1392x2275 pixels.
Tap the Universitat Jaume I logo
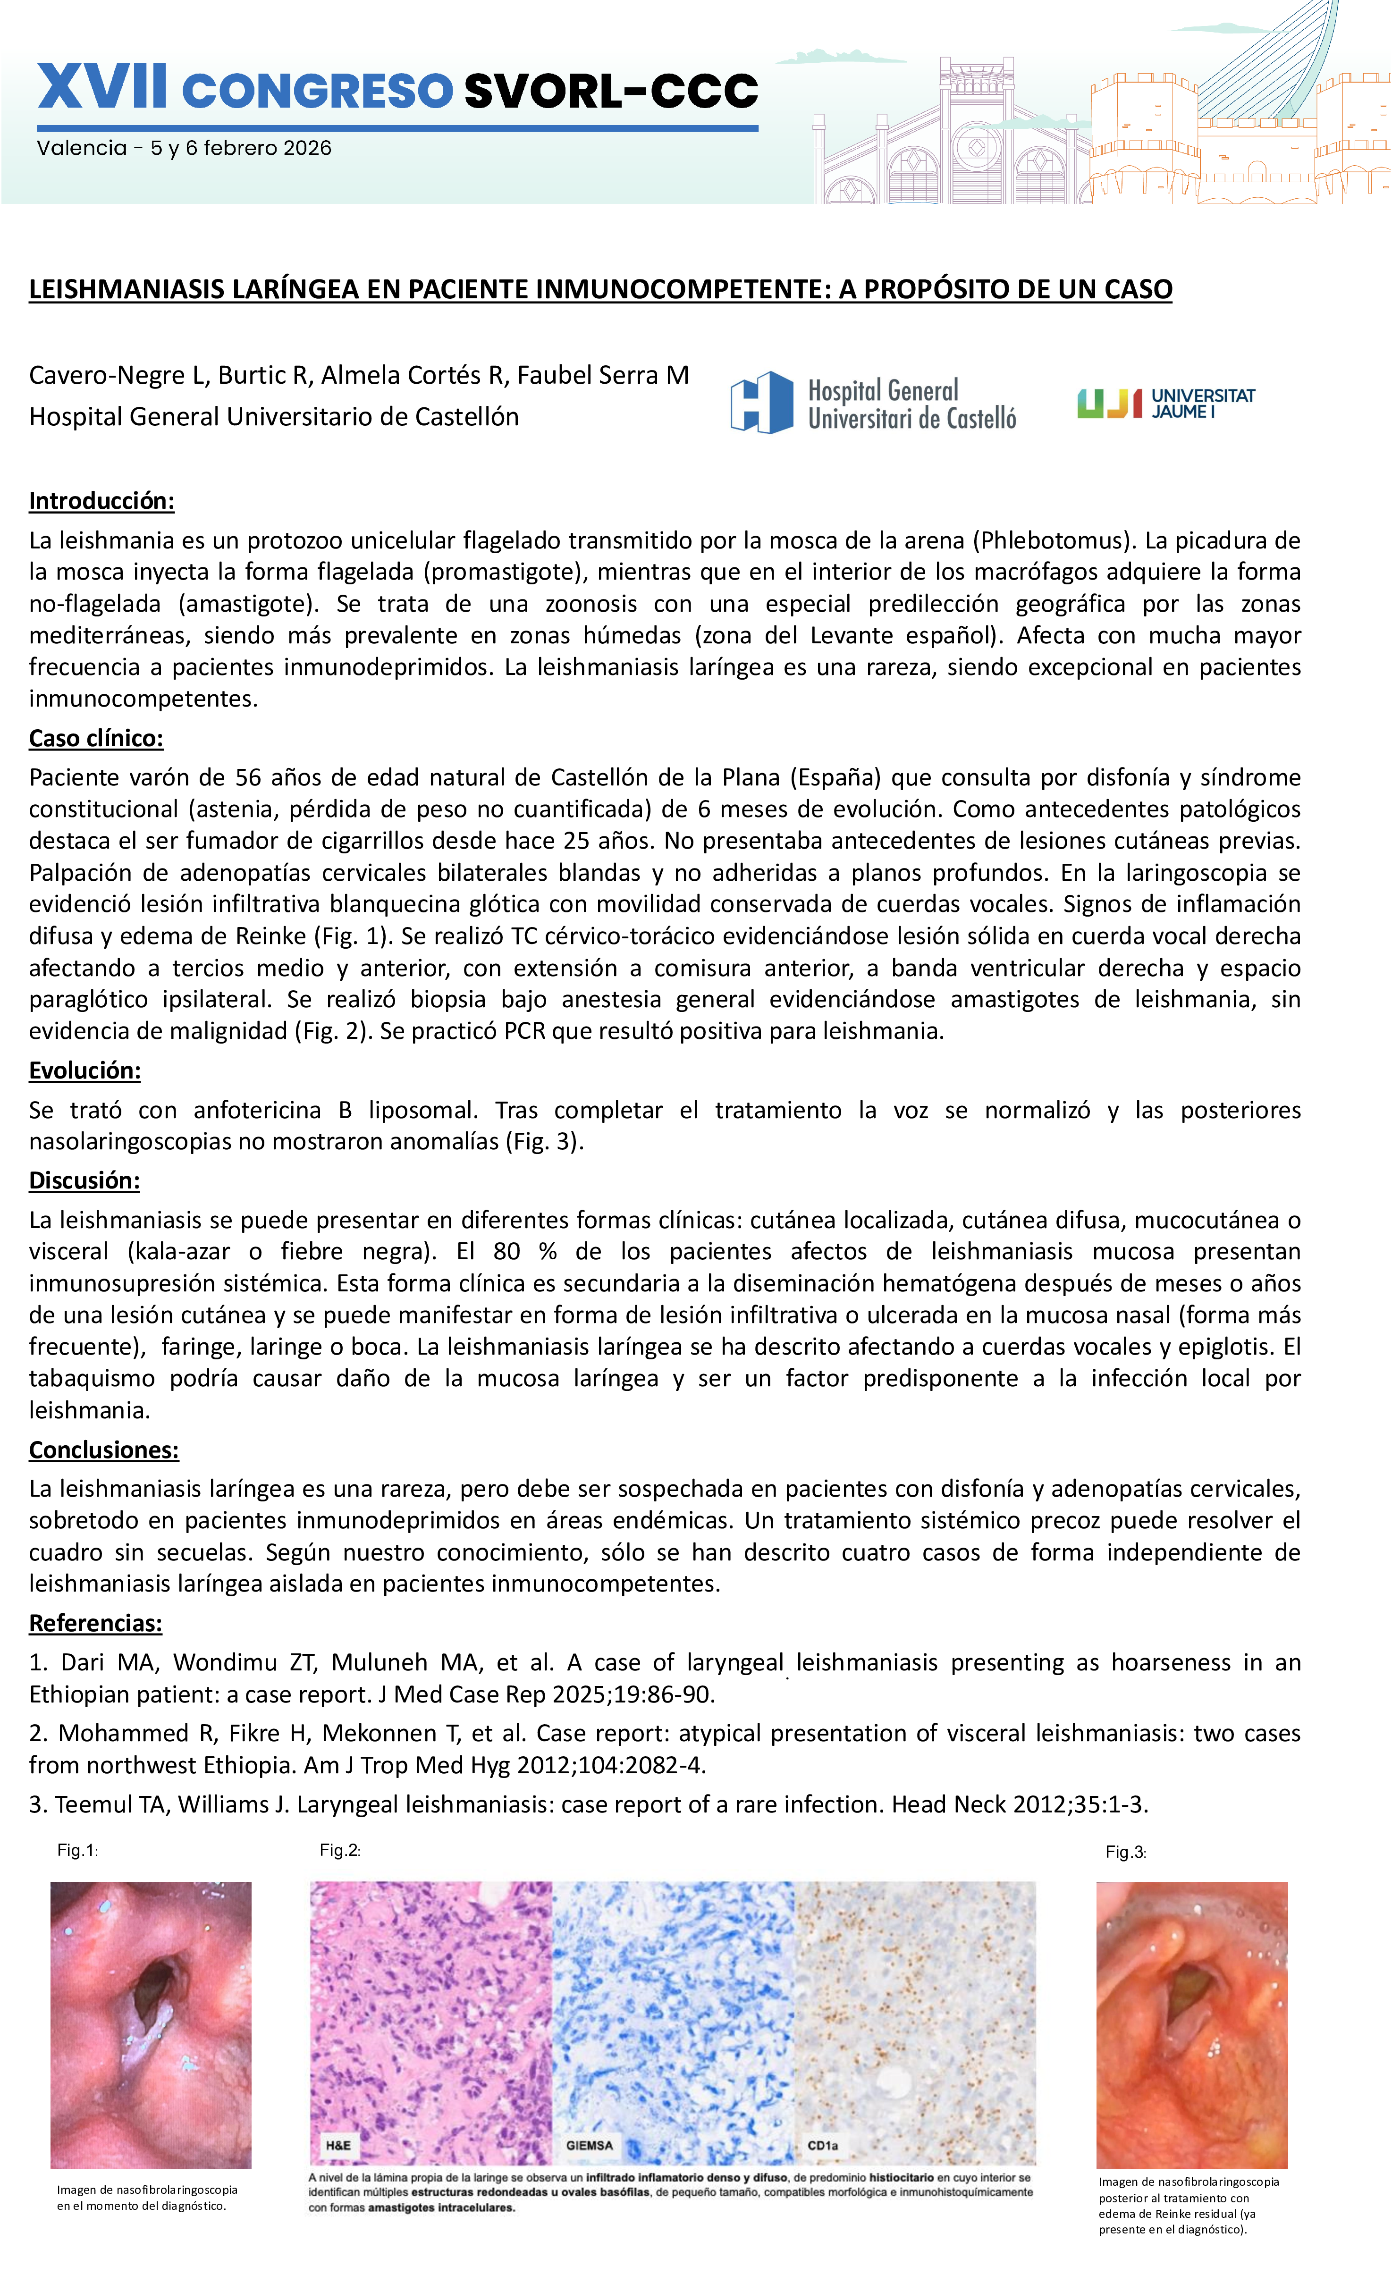pyautogui.click(x=1166, y=404)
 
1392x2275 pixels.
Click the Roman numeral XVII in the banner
pyautogui.click(x=102, y=90)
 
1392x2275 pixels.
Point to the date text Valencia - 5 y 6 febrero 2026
pyautogui.click(x=184, y=148)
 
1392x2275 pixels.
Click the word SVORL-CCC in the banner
pyautogui.click(x=610, y=91)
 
